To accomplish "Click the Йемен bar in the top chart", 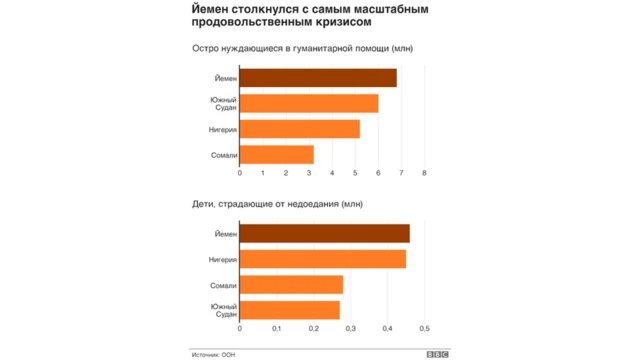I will coord(318,78).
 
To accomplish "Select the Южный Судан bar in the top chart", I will coord(309,103).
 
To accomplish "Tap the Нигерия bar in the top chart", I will coord(299,129).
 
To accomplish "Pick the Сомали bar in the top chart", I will coord(276,154).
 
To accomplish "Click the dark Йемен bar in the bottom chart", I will coord(324,234).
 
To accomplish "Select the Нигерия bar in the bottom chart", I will coord(322,259).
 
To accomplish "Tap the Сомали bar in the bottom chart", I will coord(291,284).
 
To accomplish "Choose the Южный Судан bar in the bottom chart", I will coord(289,310).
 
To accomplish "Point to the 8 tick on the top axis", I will coord(425,173).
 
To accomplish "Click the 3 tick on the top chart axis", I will coord(310,173).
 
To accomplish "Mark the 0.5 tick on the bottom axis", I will coord(425,328).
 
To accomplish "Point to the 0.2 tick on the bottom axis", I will coord(314,328).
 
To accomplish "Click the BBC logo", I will coord(437,353).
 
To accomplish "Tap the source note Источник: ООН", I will coord(213,353).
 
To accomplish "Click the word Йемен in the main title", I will coord(212,9).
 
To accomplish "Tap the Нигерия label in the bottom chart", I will coord(223,259).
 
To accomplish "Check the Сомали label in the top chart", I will coord(224,154).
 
